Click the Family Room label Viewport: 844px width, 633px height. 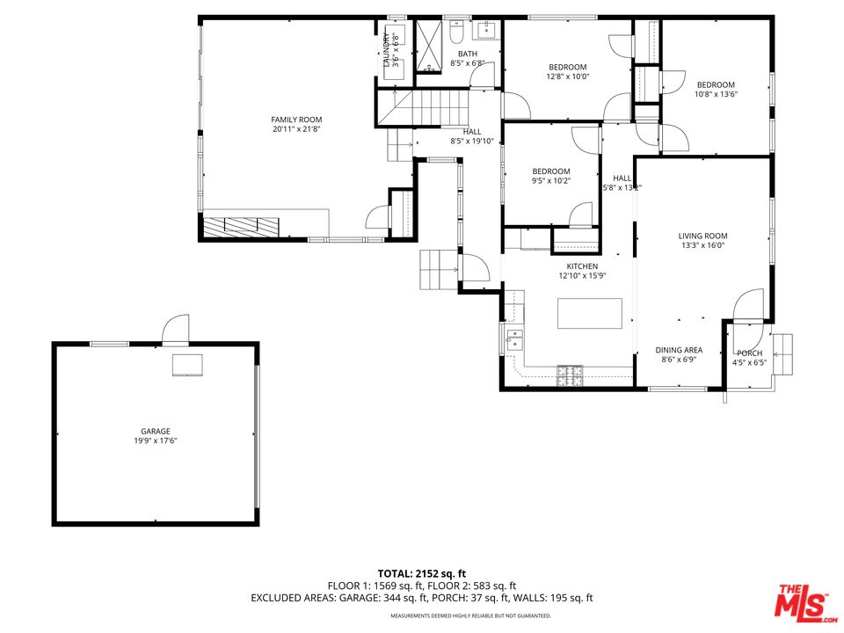tap(296, 120)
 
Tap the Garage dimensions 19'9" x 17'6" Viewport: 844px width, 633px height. tap(156, 440)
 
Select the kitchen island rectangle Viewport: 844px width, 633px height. tap(589, 313)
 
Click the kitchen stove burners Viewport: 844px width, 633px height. tap(570, 375)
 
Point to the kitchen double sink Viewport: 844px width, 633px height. tap(514, 340)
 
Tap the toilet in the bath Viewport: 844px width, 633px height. tap(456, 33)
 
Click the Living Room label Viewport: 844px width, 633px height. tap(702, 236)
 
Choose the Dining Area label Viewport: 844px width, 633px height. tap(679, 350)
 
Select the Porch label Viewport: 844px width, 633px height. tap(749, 353)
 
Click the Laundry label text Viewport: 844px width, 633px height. tap(386, 50)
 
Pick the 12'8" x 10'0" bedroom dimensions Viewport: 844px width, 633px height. tap(568, 76)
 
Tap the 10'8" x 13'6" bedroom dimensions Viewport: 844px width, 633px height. tap(716, 94)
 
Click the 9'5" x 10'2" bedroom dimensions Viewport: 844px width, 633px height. tap(551, 181)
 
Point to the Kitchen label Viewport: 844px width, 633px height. tap(582, 266)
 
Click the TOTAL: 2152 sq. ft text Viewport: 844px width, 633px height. tap(421, 574)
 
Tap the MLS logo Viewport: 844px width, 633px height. tap(805, 601)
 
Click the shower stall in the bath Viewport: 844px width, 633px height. tap(429, 47)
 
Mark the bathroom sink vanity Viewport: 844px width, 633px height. tap(487, 30)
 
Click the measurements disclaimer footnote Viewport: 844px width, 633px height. tap(470, 615)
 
